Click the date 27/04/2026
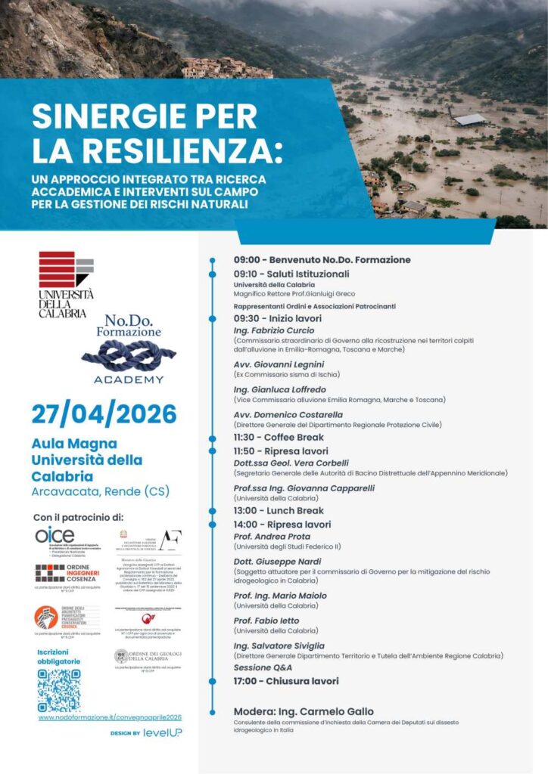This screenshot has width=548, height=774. coord(104,414)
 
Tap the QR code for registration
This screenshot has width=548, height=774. coord(58,690)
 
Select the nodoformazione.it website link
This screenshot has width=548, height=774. coord(110,717)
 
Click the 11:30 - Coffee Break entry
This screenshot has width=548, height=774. coord(279,438)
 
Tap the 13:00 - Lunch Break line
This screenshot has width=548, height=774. coord(279,511)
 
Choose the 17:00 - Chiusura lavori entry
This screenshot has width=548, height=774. coord(286,681)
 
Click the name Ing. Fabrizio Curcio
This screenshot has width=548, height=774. coord(274,331)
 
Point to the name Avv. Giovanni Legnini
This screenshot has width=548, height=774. coord(279,365)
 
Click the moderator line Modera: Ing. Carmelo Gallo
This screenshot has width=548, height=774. coord(304,712)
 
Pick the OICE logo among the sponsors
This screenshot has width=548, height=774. coord(55,534)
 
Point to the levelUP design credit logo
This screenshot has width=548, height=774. coord(163,732)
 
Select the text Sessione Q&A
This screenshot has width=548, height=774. coord(263,668)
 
